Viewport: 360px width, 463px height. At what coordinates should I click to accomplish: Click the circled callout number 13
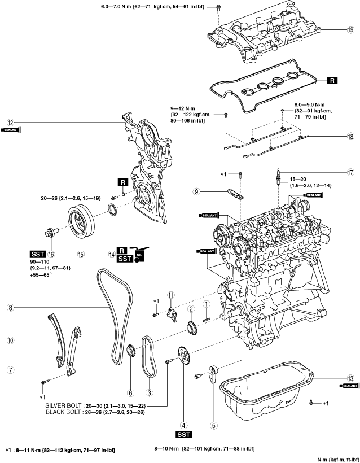click(350, 378)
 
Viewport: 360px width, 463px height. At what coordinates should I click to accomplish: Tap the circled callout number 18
click(350, 137)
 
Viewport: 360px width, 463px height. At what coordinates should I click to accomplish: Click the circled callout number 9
click(197, 192)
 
